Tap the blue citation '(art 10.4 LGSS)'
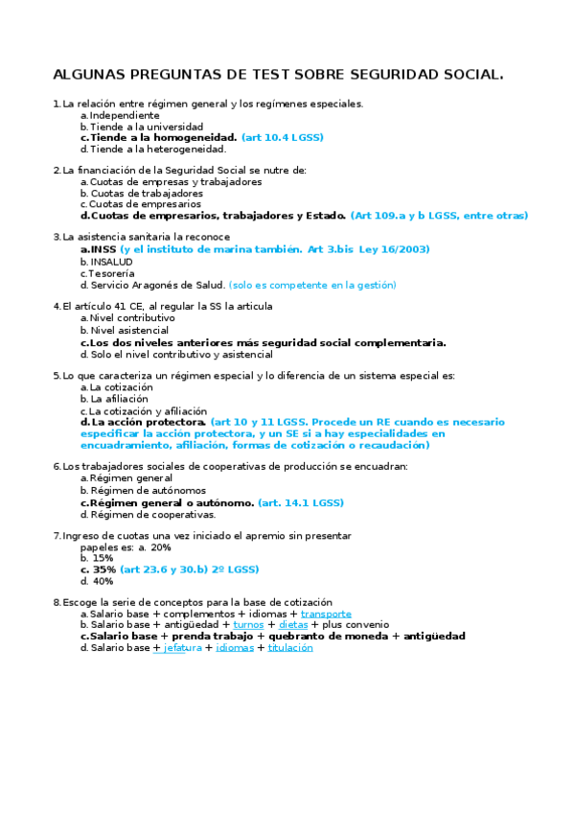pos(283,138)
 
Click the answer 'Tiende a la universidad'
pos(147,127)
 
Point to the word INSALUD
pos(111,261)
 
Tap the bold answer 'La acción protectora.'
pos(149,422)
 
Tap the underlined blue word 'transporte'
pos(326,614)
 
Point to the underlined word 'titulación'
pos(290,648)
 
